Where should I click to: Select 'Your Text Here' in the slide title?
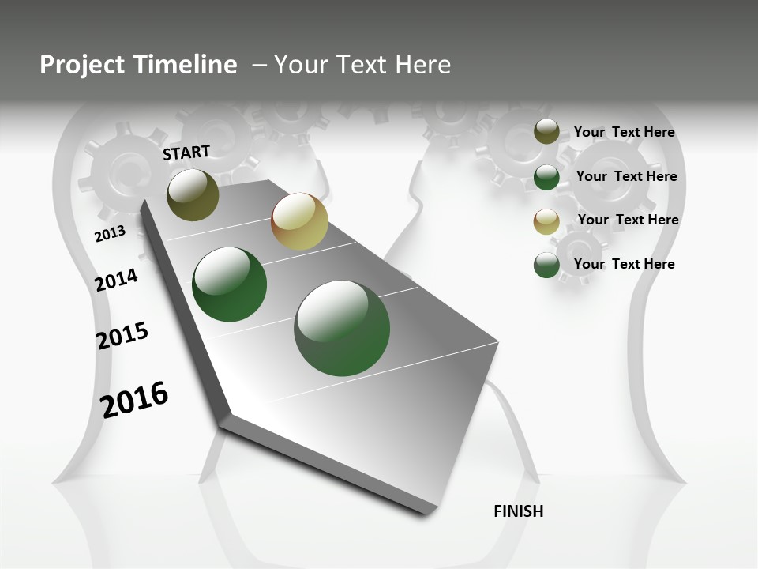[362, 65]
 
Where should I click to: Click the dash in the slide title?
[258, 65]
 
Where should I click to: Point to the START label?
[186, 153]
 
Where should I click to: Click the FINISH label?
[518, 511]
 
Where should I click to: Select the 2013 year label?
[110, 234]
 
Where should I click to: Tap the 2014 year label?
[116, 281]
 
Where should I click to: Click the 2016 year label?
[134, 399]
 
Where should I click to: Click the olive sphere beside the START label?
[193, 194]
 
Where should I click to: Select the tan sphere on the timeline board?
[299, 221]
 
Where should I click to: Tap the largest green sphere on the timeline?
[342, 328]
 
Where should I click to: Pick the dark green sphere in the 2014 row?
[230, 284]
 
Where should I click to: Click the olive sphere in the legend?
[546, 132]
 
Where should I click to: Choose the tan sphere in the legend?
[546, 221]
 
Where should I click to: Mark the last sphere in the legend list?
[546, 266]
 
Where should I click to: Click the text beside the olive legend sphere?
[624, 132]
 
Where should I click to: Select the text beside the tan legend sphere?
[628, 220]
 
